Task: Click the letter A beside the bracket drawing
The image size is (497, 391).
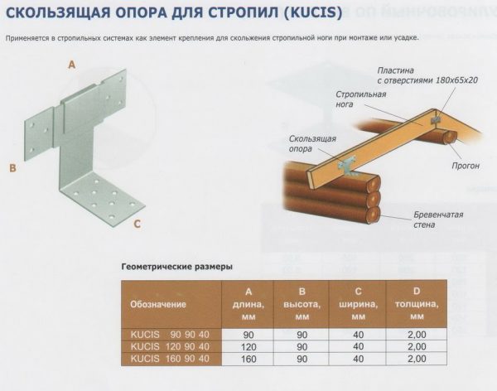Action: pos(71,64)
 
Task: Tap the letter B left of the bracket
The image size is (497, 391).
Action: pos(12,168)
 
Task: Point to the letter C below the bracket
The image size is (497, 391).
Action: pos(138,224)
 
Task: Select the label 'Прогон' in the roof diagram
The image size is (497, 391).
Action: pos(467,166)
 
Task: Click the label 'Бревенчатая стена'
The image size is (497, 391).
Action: pos(439,220)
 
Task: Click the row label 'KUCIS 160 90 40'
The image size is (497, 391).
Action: pos(171,358)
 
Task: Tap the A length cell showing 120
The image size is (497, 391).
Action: pos(249,345)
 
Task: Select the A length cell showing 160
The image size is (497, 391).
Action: pos(249,358)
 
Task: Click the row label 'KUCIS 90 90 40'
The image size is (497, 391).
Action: pos(171,333)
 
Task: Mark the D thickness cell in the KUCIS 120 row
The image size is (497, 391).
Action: pos(417,345)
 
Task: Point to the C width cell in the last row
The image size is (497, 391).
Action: pos(359,358)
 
